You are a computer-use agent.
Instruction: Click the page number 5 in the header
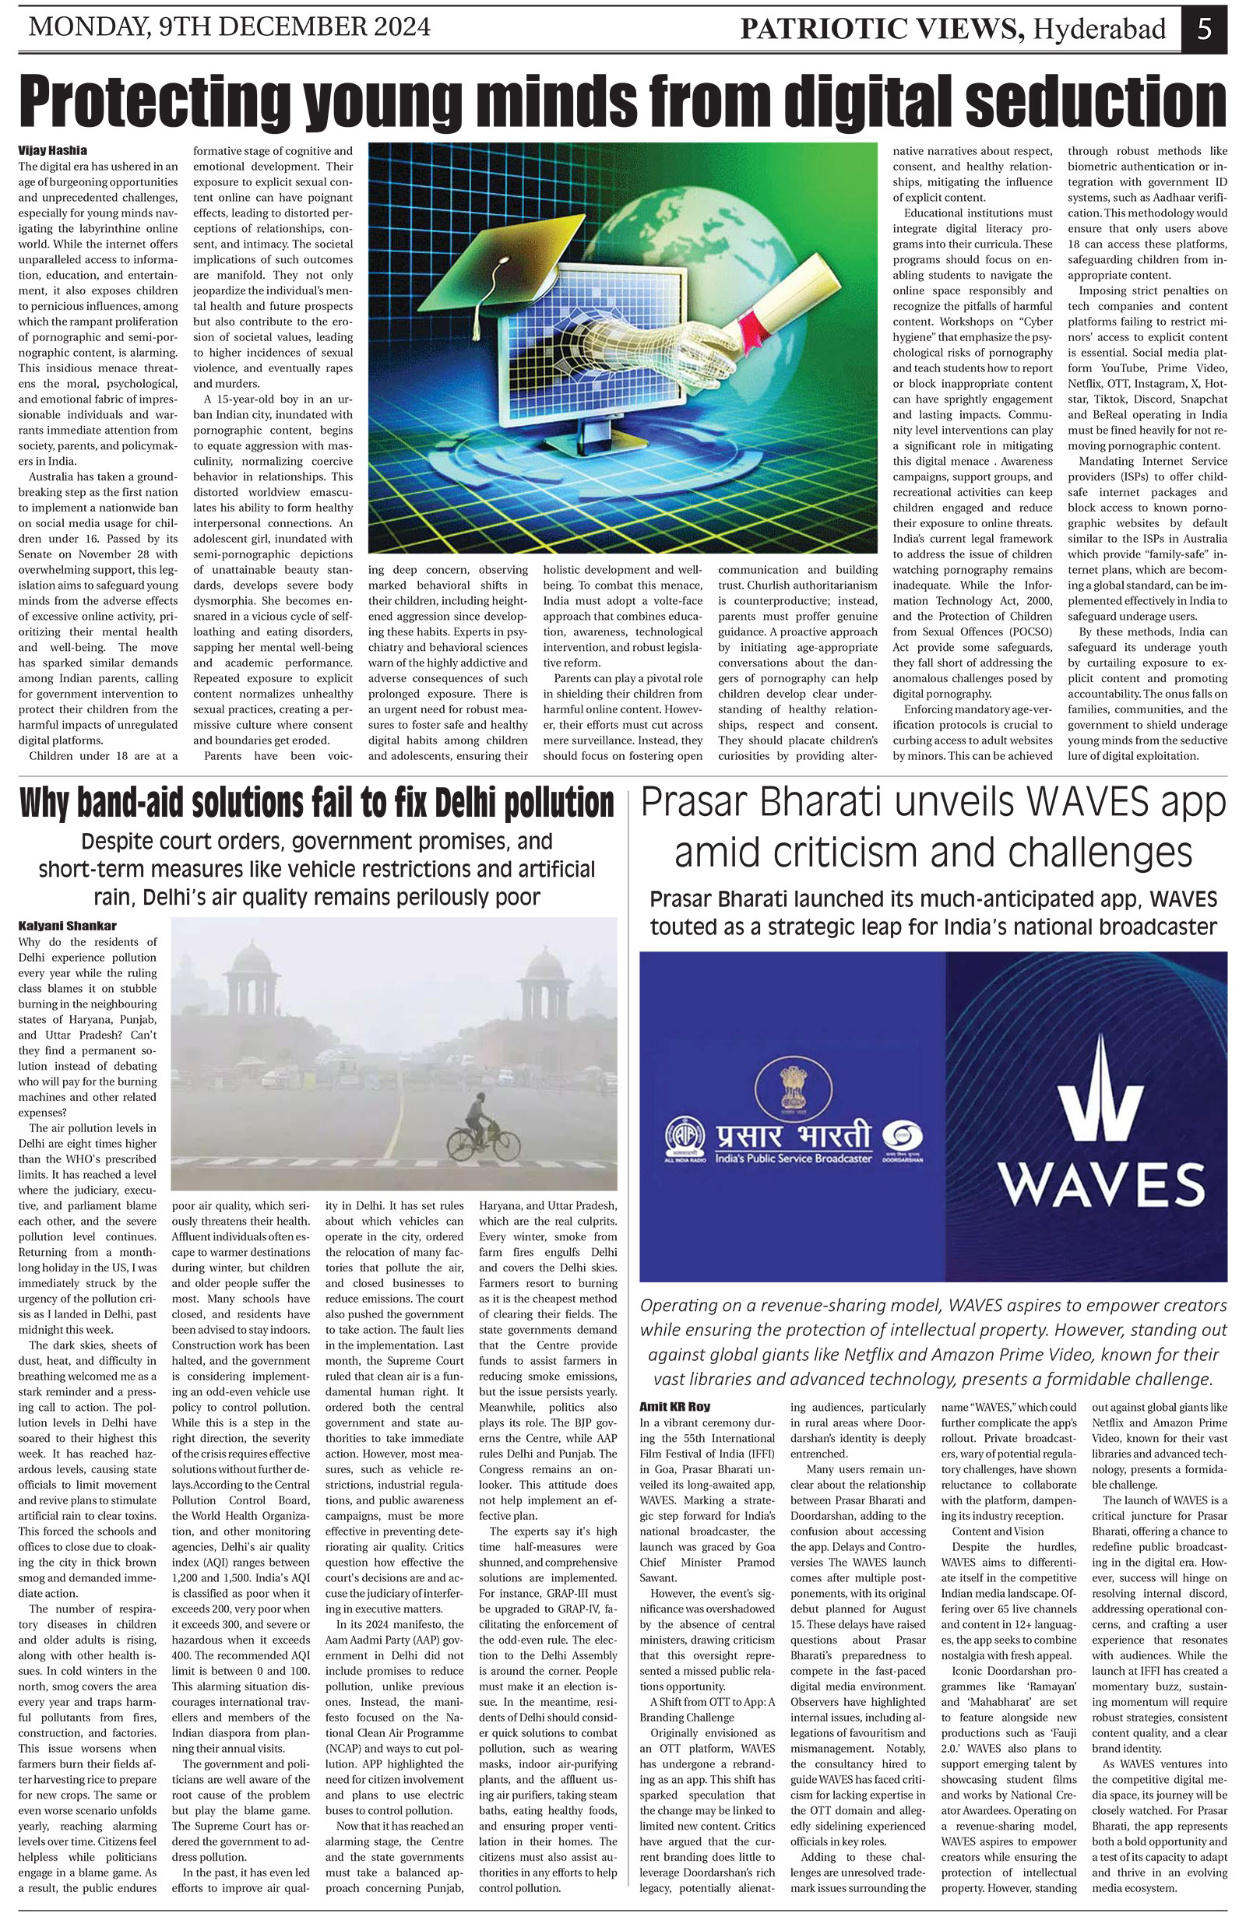click(x=1203, y=28)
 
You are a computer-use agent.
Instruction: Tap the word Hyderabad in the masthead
click(x=1099, y=29)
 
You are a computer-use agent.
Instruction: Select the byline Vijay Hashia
click(x=52, y=150)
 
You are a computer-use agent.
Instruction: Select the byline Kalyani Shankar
click(x=67, y=926)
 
